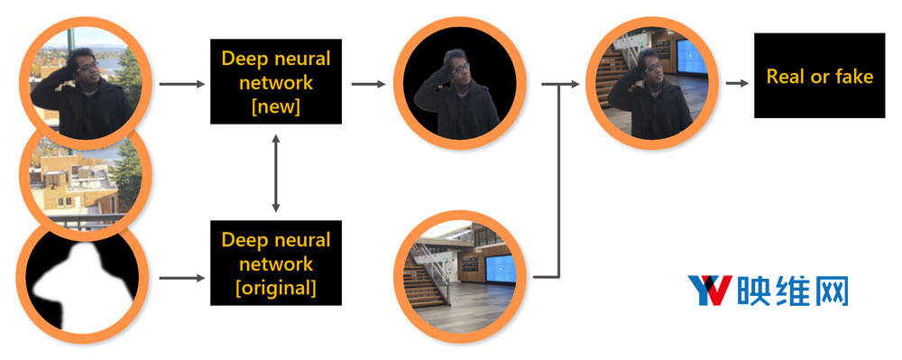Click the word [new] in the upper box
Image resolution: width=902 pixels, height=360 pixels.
point(276,107)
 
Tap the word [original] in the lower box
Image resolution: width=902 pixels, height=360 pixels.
point(276,288)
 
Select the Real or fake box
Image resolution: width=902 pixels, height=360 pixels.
point(819,75)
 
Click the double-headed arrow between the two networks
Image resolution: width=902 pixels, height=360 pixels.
point(276,172)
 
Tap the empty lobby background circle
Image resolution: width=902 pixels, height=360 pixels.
point(460,277)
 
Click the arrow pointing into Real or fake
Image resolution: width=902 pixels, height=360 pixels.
point(737,83)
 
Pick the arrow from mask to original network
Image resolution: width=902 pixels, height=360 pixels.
point(182,278)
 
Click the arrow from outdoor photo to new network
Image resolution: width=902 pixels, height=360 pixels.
point(182,84)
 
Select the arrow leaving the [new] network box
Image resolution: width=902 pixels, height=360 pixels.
point(368,84)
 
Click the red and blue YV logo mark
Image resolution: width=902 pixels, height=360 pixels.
point(710,290)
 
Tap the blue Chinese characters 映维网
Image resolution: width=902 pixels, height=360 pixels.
point(792,291)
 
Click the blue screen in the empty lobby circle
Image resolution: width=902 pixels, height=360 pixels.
point(500,268)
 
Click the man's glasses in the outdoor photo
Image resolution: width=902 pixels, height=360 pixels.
point(87,67)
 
